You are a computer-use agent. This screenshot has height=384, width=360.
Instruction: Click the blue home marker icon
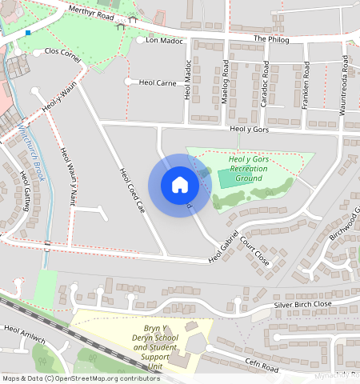pos(180,185)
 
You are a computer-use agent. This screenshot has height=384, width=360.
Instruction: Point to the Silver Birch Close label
pos(302,305)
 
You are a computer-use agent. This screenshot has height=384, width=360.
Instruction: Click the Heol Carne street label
pos(157,82)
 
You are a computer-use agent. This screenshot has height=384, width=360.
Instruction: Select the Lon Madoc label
pos(166,40)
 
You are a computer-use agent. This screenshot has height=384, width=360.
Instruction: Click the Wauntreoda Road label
pos(343,86)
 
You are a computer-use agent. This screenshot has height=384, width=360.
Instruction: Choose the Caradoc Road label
pos(265,86)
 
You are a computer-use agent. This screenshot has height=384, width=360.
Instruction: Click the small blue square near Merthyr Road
pos(28,33)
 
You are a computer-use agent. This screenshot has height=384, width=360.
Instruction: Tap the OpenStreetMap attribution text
pos(81,378)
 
